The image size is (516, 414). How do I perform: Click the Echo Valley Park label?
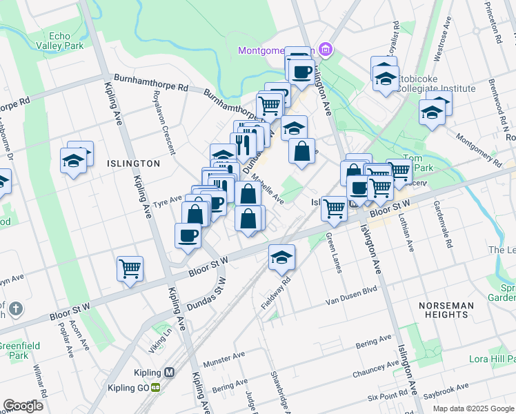[x=66, y=41]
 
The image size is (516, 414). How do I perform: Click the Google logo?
[x=23, y=406]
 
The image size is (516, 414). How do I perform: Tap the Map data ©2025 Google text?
[x=473, y=408]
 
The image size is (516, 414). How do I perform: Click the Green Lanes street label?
[x=333, y=253]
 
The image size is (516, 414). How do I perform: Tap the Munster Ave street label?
[x=224, y=362]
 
